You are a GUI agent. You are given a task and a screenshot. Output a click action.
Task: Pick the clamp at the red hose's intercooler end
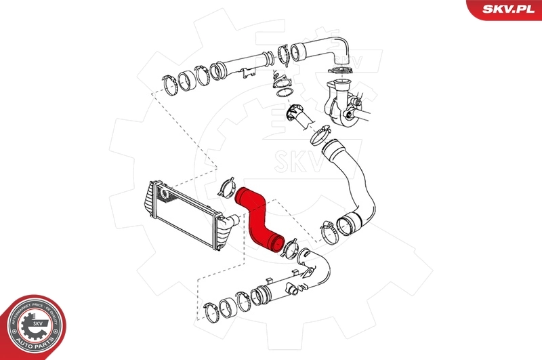[227, 188]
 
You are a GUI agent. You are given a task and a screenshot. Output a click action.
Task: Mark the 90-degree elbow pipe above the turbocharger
[325, 52]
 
